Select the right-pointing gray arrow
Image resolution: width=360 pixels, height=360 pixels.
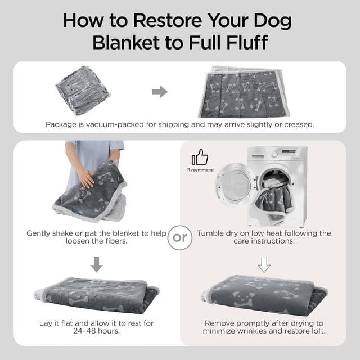coord(160,92)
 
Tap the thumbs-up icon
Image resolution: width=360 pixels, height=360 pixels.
coord(200,157)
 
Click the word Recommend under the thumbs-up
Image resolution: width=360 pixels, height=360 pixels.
coord(200,170)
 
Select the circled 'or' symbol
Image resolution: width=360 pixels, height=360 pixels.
coord(179,237)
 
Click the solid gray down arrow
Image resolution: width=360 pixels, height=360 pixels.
coord(96,264)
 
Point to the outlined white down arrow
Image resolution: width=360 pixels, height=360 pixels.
coord(264,264)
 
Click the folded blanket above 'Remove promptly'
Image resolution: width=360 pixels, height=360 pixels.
coord(263,295)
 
